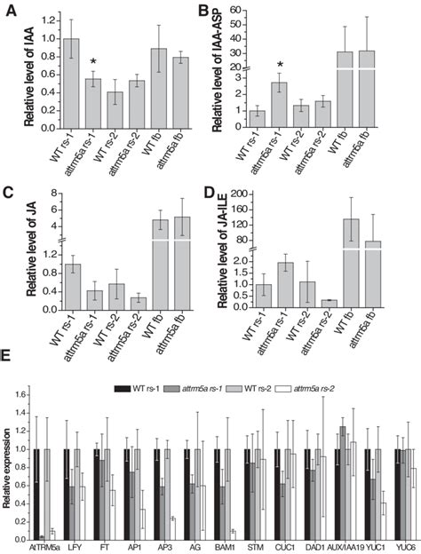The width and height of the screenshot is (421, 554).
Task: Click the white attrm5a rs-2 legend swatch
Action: pyautogui.click(x=319, y=388)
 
